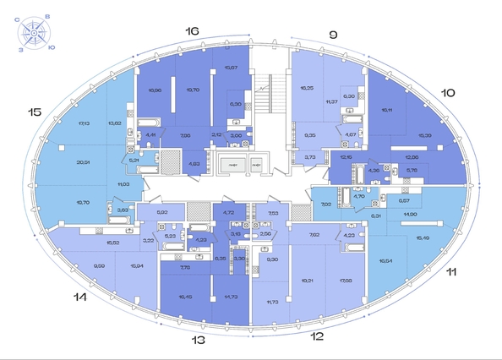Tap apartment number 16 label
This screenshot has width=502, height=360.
pos(193,31)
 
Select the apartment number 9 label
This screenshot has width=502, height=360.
pos(333,35)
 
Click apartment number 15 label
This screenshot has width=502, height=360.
pos(35,112)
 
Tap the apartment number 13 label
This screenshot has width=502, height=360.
pos(198,340)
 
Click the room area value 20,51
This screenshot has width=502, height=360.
pos(83,163)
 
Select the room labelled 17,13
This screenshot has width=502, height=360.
pos(84,123)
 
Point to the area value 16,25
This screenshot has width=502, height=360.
pos(306,87)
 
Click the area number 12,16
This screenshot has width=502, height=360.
pos(346,156)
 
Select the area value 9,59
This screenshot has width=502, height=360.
pos(99,265)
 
